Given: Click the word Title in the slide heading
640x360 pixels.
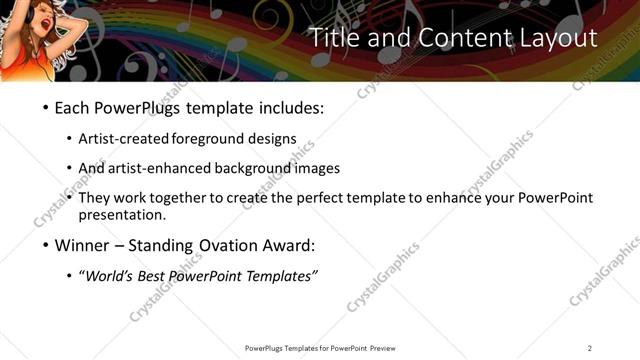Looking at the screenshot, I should (x=335, y=38).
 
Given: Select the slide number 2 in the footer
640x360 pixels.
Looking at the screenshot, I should (x=590, y=348).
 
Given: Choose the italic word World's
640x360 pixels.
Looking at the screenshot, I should (x=110, y=275).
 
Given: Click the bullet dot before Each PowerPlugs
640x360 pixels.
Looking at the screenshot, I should (x=46, y=108).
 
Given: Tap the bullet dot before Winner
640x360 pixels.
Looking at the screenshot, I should (x=46, y=245).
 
